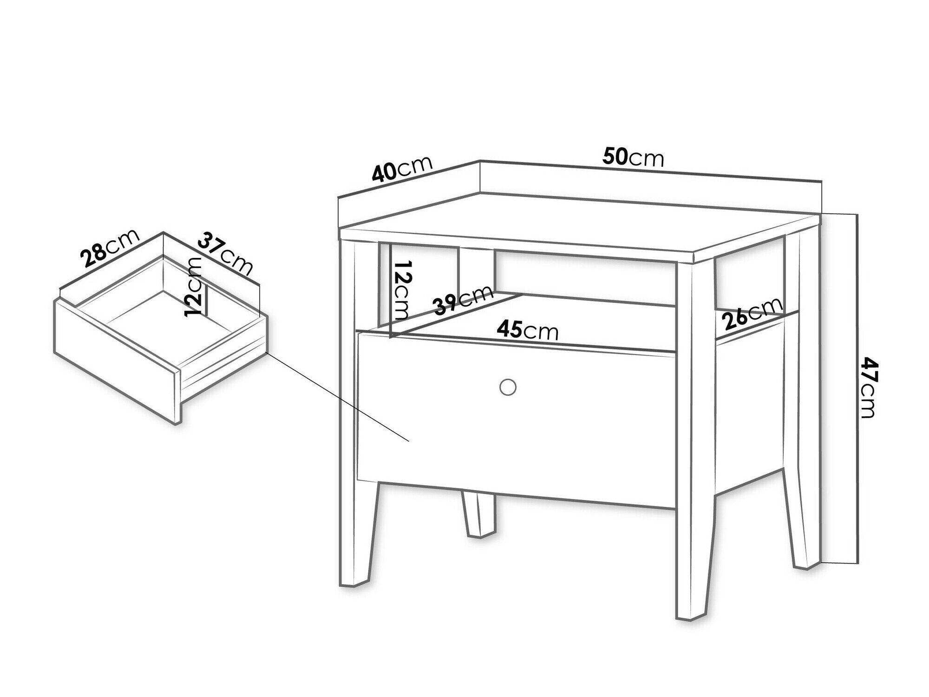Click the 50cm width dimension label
click(633, 157)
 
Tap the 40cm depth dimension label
click(402, 168)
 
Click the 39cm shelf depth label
click(463, 300)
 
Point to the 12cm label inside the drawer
click(193, 287)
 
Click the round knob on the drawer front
click(508, 387)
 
